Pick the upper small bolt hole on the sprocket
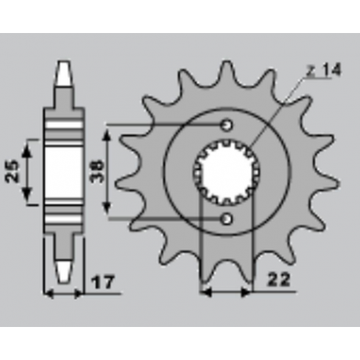coord(227,125)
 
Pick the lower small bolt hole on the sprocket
coord(227,218)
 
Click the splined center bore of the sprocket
coord(227,171)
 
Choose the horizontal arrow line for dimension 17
coord(66,294)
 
